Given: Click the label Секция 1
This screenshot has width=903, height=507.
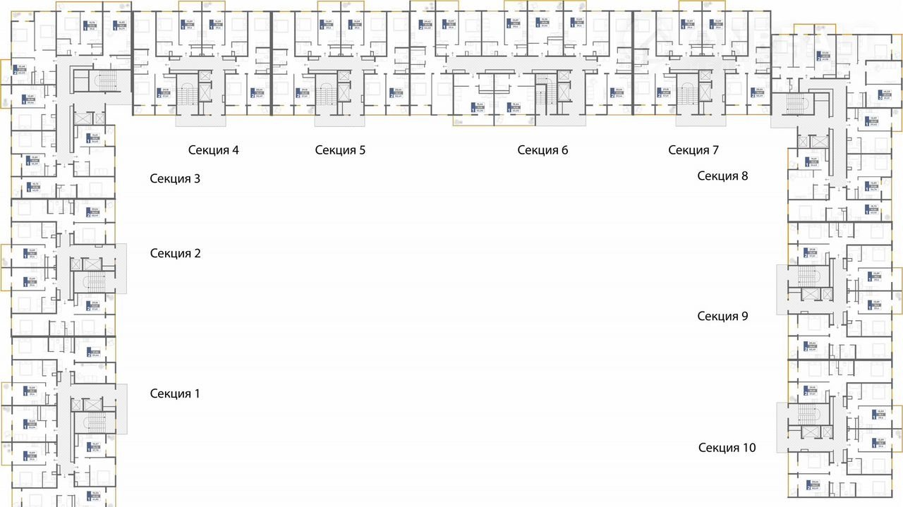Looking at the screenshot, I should [175, 393].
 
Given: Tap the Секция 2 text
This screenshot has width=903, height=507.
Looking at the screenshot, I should [175, 253].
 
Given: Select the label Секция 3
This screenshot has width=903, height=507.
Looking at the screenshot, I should [175, 178].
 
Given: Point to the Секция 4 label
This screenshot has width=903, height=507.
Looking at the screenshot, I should [213, 149].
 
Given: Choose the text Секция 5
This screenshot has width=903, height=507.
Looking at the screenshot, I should [340, 149].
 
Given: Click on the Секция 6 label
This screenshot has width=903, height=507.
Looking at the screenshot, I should [543, 149].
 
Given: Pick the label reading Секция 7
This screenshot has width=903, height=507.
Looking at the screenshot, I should [693, 149].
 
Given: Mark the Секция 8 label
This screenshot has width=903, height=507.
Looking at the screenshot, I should [722, 176].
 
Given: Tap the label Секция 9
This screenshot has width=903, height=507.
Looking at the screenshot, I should [722, 316].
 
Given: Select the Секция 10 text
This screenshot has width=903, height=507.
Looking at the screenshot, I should [727, 447].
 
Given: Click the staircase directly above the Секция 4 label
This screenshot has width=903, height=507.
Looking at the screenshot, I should [188, 94].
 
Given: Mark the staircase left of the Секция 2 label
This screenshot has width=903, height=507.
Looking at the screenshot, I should [94, 282].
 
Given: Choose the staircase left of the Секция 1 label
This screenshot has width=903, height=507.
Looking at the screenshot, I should [94, 422].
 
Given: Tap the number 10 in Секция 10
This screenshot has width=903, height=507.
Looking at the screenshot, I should [749, 447].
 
